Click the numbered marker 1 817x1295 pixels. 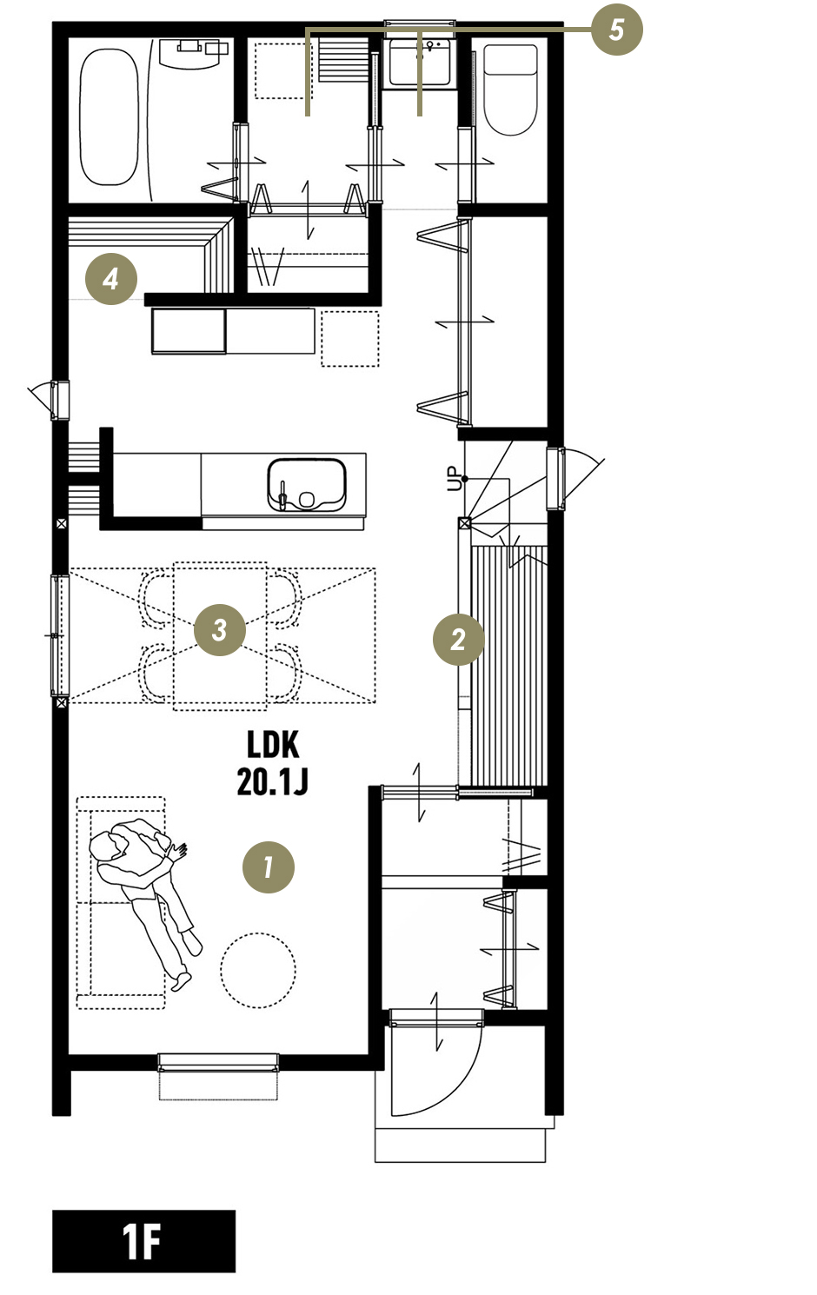269,867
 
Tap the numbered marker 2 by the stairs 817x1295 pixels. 459,640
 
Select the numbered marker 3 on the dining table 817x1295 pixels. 220,629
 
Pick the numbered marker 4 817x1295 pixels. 111,279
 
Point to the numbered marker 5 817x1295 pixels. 617,29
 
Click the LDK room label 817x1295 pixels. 274,745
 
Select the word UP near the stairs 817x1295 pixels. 455,479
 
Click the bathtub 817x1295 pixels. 109,116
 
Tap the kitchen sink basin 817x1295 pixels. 307,484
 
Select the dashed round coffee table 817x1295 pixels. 258,970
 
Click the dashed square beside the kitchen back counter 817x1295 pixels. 350,339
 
